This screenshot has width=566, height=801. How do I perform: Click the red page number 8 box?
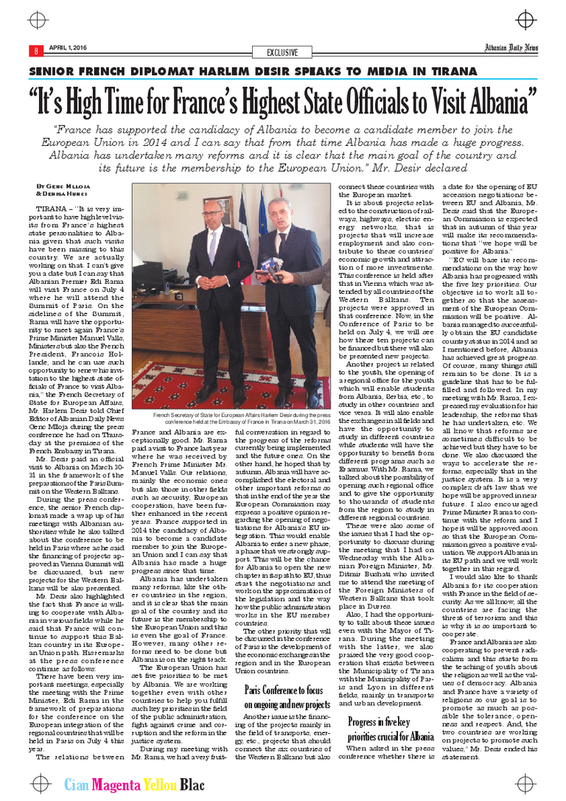pyautogui.click(x=34, y=51)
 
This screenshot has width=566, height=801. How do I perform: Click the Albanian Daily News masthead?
pyautogui.click(x=511, y=49)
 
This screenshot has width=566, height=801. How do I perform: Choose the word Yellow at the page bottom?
pyautogui.click(x=158, y=785)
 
